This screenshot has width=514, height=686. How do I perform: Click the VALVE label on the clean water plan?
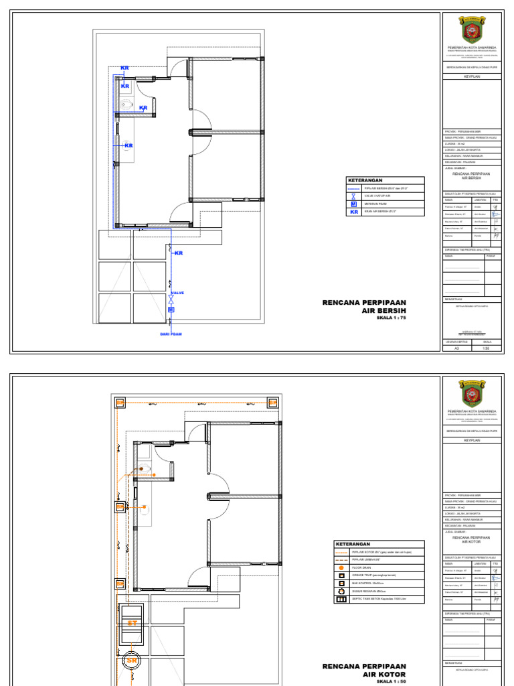177,293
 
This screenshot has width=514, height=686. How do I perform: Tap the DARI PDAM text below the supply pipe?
171,334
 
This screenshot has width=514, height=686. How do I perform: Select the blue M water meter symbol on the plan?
171,310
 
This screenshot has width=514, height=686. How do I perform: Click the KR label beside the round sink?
129,145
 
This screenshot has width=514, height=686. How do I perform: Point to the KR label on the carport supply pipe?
179,253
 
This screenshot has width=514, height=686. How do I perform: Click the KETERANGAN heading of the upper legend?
365,181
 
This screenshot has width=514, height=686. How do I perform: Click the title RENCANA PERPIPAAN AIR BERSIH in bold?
364,307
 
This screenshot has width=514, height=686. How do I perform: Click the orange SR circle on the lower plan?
132,661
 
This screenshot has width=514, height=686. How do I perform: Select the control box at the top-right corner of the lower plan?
273,402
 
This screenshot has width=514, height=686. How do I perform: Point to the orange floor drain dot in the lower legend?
341,567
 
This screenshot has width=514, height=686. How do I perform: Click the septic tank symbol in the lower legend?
341,599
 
